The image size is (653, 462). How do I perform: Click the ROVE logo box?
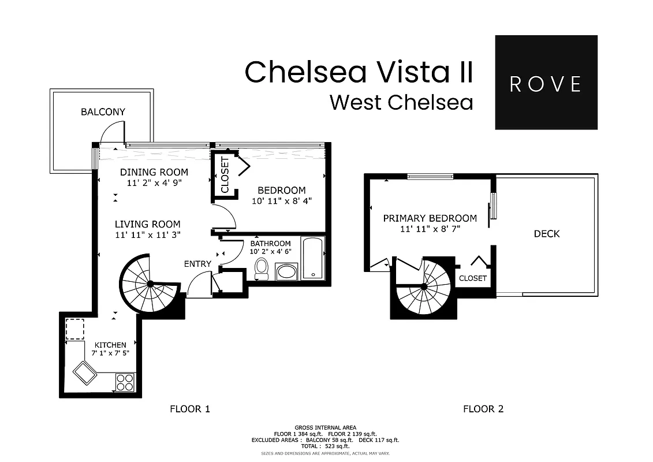click(x=546, y=83)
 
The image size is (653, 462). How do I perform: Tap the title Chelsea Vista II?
click(x=359, y=72)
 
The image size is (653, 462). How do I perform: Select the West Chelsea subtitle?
click(x=401, y=102)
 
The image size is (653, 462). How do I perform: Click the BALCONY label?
click(x=103, y=112)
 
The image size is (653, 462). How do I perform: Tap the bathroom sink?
click(x=286, y=271)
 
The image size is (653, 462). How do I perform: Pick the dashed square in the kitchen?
click(x=74, y=329)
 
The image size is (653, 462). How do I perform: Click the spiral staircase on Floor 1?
click(x=150, y=284)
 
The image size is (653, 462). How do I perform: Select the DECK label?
click(x=546, y=234)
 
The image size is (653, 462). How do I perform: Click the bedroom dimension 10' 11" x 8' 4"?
click(x=281, y=202)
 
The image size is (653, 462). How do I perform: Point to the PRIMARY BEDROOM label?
click(x=430, y=218)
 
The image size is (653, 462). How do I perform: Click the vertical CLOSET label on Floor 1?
click(x=225, y=175)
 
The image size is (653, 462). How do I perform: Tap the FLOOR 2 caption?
click(x=483, y=409)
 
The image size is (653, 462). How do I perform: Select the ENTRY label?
click(x=197, y=264)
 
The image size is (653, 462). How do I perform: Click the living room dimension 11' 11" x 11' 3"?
click(x=147, y=235)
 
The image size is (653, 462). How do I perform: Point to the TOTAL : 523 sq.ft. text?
click(x=326, y=446)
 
